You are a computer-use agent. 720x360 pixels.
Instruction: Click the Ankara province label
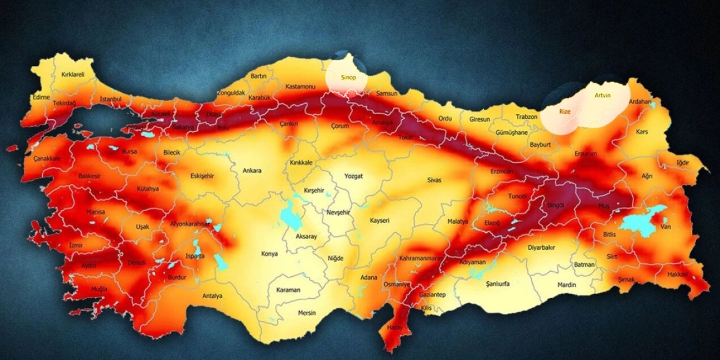coord(252,170)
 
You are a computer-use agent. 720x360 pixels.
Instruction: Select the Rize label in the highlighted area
coord(565,112)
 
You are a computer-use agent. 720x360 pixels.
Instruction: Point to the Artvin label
coord(602,96)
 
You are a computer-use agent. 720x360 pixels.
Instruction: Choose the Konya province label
coord(269,254)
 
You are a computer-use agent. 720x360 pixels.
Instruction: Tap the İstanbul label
coord(111,99)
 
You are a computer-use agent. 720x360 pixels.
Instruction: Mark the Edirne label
coord(42,97)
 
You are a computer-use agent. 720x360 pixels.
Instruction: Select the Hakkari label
coord(678,274)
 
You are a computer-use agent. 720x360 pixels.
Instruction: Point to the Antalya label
coord(213,296)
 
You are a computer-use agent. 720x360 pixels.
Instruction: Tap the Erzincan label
coord(501,170)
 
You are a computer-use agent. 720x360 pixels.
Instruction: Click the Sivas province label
coord(434,180)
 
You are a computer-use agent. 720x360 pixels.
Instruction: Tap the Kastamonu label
coord(299,87)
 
